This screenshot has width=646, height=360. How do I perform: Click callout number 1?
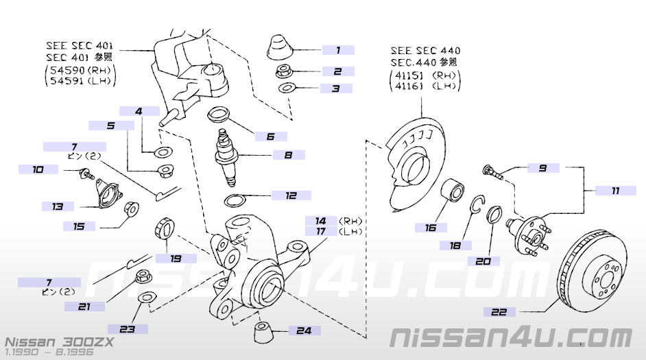click(337, 50)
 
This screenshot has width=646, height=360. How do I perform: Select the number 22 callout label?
click(503, 312)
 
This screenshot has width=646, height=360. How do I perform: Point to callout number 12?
click(291, 195)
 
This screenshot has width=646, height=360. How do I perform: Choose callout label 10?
click(38, 169)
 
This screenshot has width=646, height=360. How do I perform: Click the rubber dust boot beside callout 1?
click(279, 46)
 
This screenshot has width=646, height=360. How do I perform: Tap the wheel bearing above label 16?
click(451, 192)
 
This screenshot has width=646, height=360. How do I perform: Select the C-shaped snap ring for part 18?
click(478, 204)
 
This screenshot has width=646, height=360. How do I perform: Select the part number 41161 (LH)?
click(426, 87)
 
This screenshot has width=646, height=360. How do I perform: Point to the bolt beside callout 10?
click(86, 174)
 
